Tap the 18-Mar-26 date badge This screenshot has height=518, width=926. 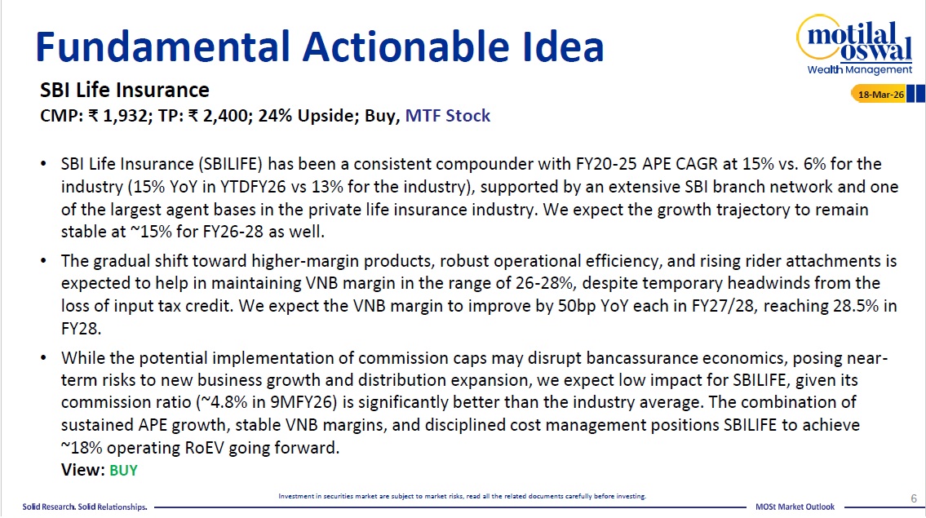(x=882, y=95)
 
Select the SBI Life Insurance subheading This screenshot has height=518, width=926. (x=125, y=90)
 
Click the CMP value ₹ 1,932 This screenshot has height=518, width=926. (x=118, y=116)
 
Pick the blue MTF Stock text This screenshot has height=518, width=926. (x=448, y=116)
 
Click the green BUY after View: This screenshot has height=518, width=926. (x=123, y=470)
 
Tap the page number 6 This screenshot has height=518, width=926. (x=913, y=498)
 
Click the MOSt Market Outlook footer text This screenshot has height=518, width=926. (x=795, y=507)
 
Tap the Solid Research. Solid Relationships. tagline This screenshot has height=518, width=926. (x=84, y=507)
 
